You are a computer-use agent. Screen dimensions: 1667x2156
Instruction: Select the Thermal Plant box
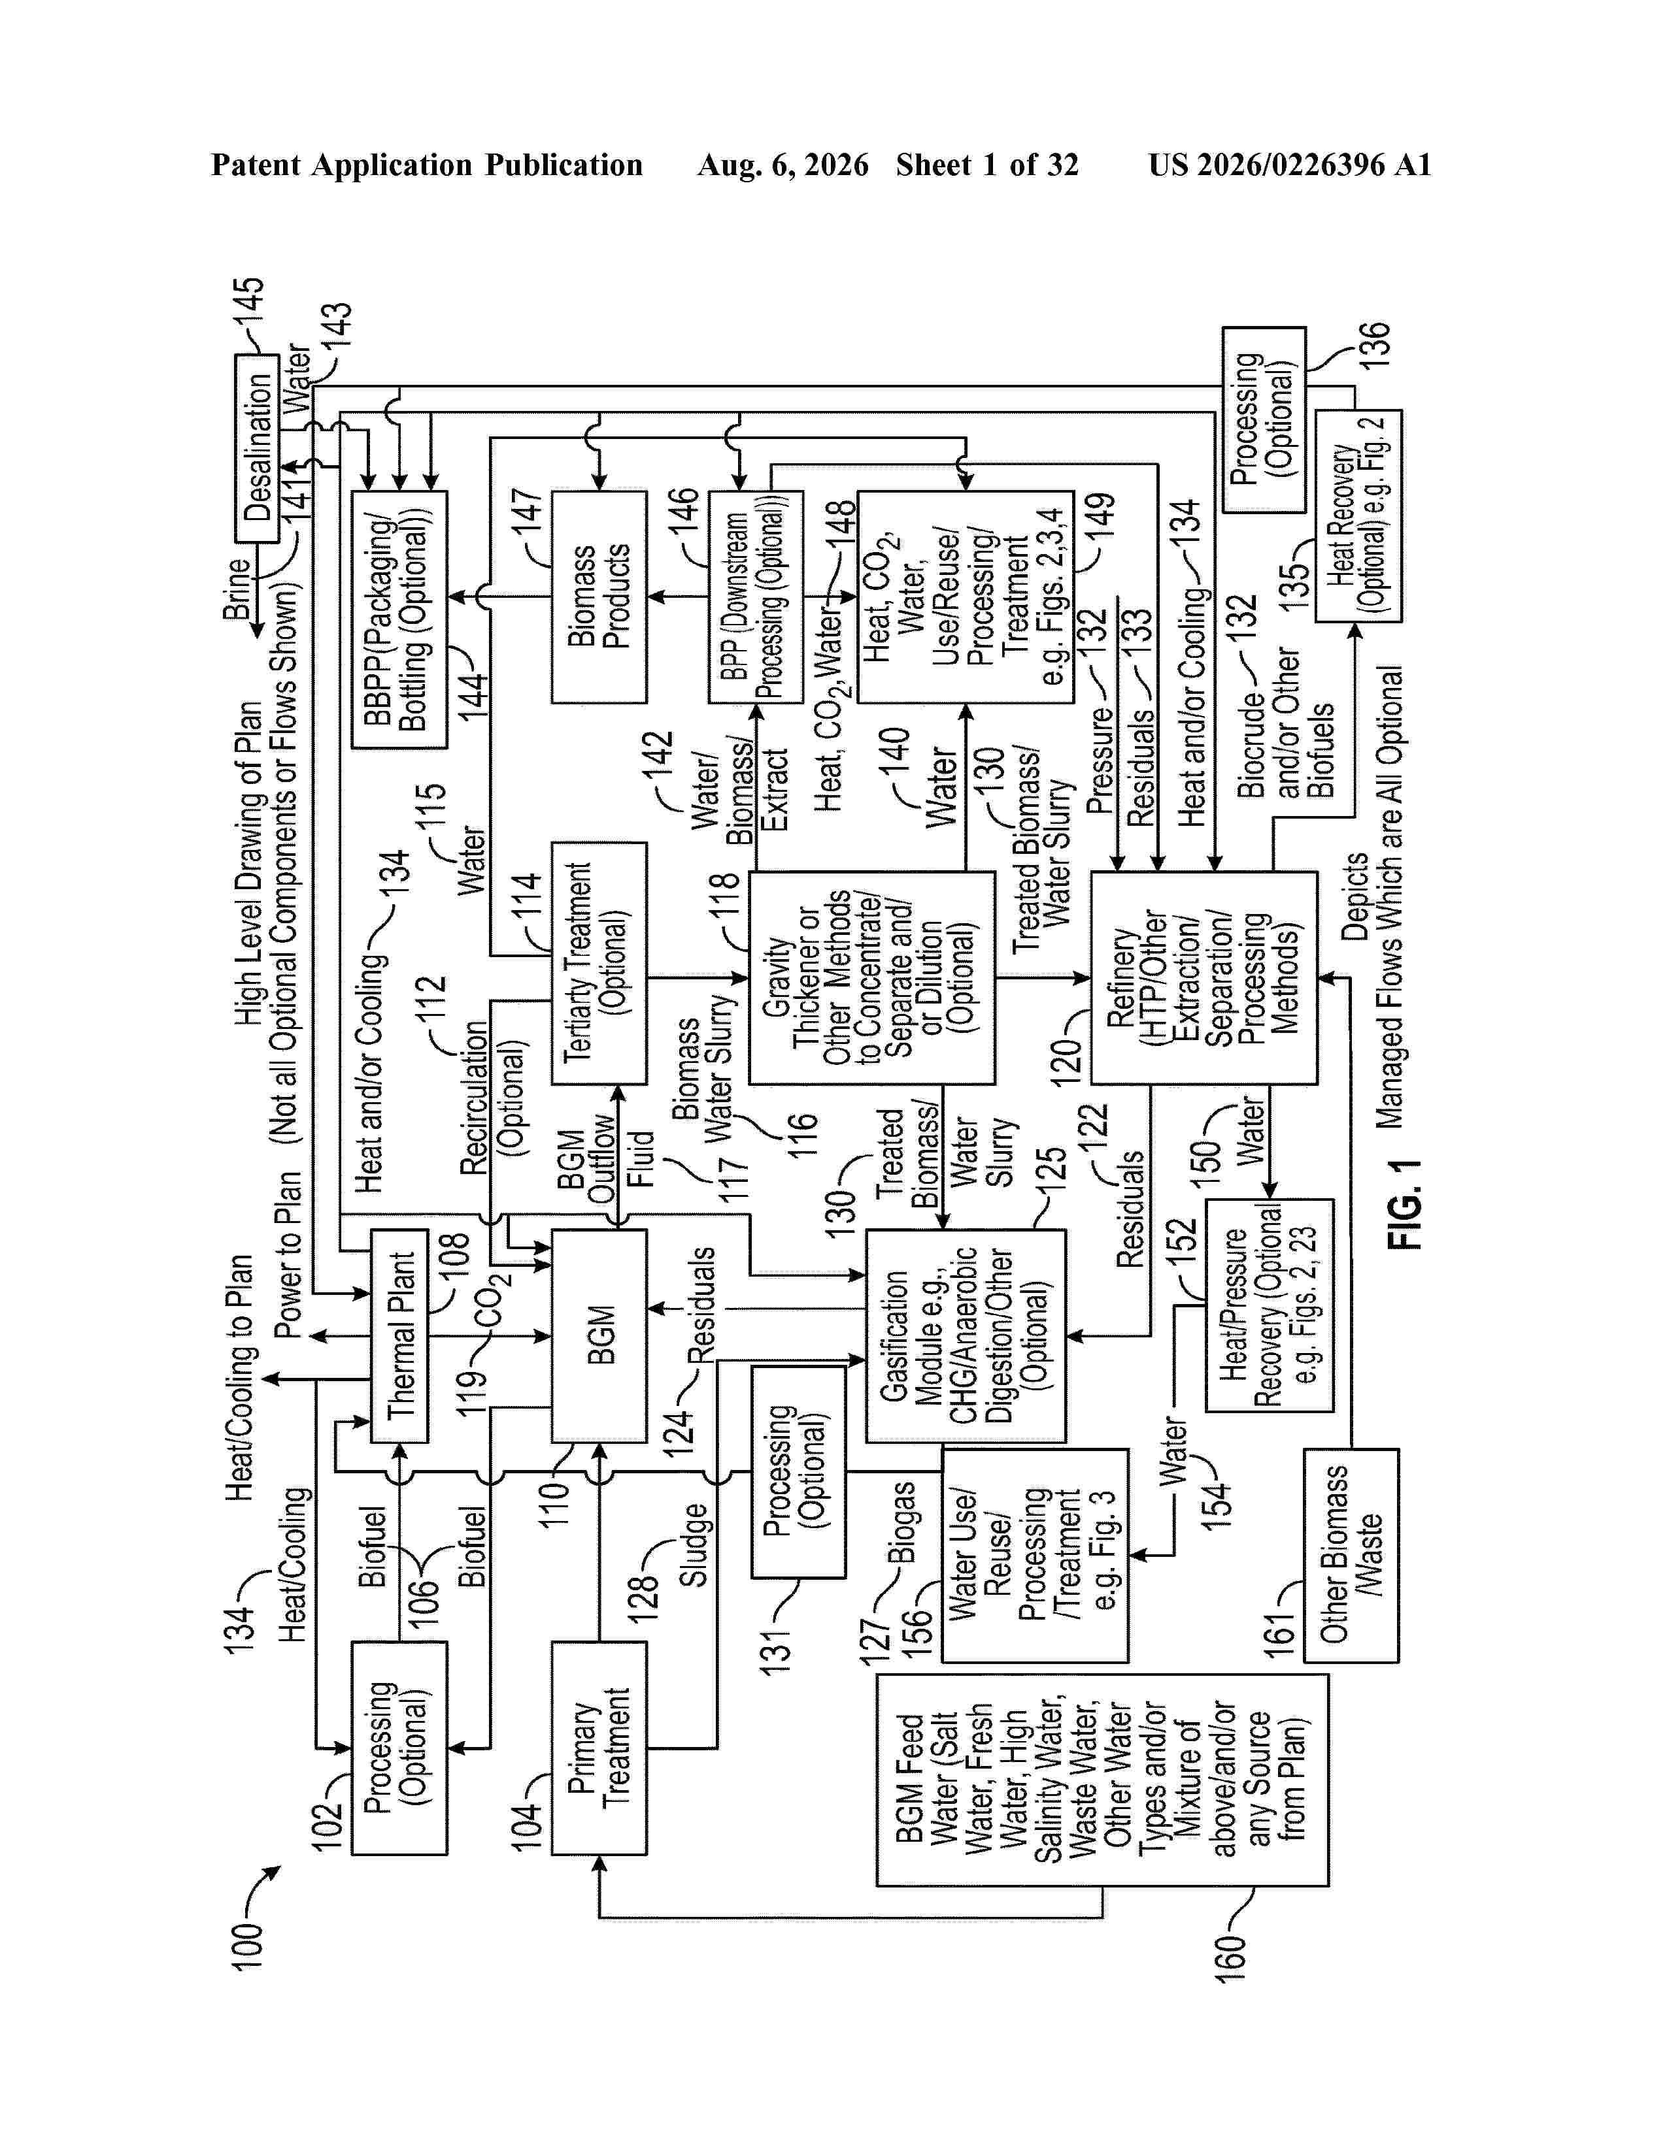click(399, 1335)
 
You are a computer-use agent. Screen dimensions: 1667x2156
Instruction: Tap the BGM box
click(598, 1335)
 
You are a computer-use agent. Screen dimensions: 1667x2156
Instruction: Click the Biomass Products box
click(598, 596)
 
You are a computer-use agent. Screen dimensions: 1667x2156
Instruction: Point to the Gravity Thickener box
click(871, 977)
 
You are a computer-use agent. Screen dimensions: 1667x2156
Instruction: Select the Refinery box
click(1204, 977)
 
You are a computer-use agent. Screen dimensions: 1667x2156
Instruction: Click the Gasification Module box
click(966, 1335)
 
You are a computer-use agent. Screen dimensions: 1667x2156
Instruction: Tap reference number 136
click(1373, 346)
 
